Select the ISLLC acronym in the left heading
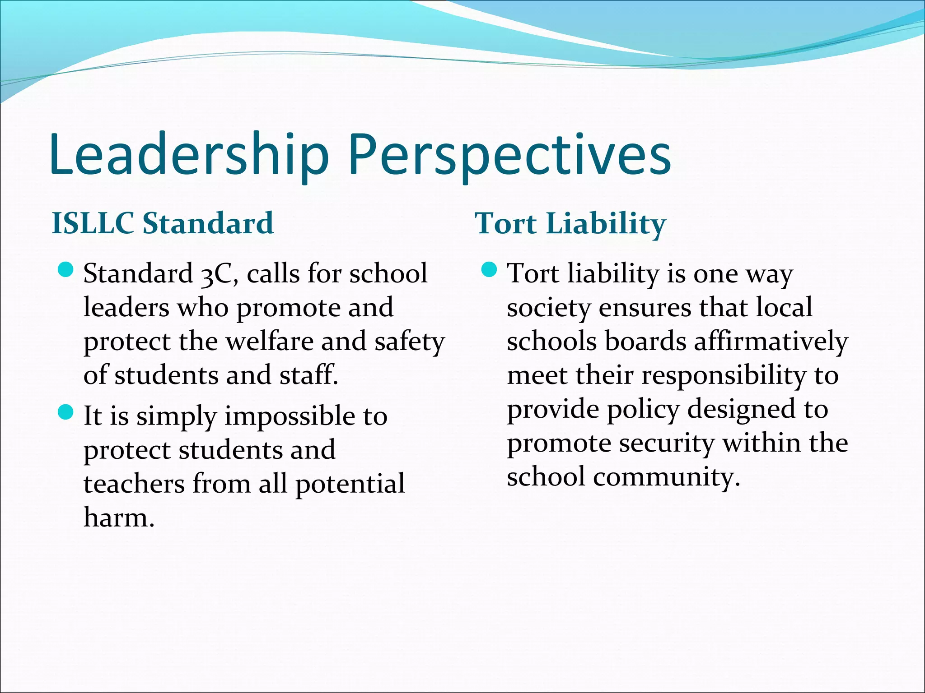[93, 223]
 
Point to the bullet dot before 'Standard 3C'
[66, 270]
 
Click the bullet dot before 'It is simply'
[66, 412]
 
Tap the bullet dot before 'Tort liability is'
[489, 270]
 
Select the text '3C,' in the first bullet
[220, 274]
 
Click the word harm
[118, 517]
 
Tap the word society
[548, 309]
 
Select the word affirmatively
[771, 342]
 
